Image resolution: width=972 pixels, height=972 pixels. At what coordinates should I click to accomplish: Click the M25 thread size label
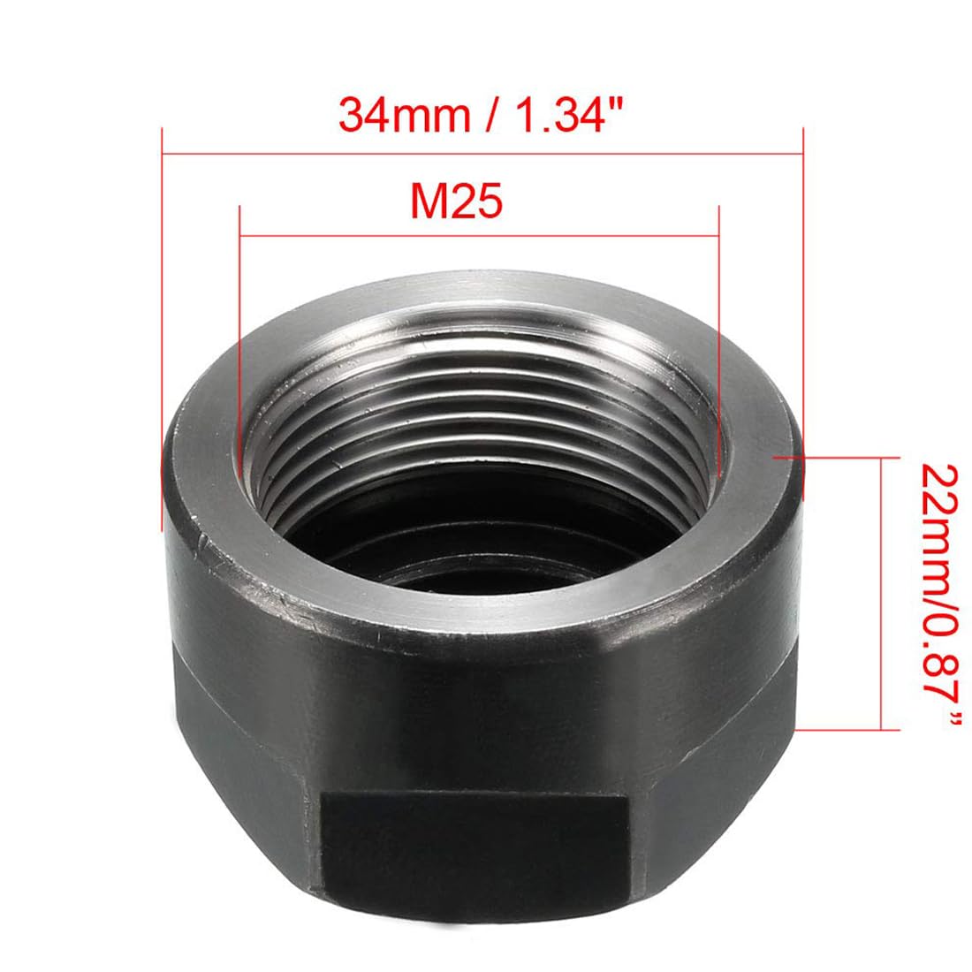456,201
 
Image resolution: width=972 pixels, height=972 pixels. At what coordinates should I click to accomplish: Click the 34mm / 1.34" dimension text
480,115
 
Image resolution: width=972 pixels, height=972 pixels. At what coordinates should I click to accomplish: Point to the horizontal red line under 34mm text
482,153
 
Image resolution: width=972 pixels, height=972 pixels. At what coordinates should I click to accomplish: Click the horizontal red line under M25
479,236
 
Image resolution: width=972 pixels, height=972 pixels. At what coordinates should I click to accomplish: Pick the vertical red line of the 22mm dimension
881,593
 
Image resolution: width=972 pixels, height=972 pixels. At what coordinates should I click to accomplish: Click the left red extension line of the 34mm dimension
162,330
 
